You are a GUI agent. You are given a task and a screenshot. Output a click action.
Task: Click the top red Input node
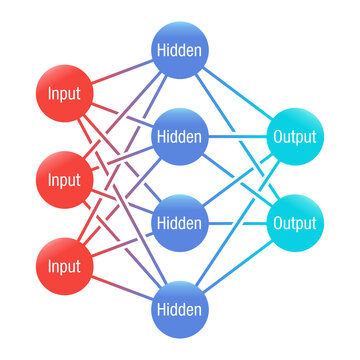(65, 96)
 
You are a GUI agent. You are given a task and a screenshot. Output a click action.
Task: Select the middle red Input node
(65, 181)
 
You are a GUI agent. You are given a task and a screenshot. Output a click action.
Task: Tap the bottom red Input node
(65, 267)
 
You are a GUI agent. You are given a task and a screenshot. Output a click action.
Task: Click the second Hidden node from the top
(180, 135)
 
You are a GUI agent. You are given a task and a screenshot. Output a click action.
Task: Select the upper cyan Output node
(294, 137)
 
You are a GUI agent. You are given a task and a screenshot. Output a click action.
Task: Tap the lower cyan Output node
(294, 222)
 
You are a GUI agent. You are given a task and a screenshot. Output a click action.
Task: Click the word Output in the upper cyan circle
(294, 137)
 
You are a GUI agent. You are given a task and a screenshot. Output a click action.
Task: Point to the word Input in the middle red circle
(65, 181)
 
